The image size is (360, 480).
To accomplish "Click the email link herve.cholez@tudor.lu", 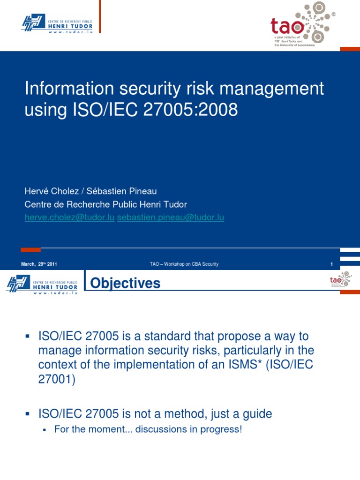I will pos(69,218).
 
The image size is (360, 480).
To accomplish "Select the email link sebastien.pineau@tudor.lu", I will pos(171,218).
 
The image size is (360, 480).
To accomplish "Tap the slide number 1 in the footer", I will pos(331,264).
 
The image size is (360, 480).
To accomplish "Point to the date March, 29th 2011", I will pos(39,264).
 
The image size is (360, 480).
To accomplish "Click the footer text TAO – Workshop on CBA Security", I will pos(184,264).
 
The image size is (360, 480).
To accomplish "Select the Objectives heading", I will pos(125,283).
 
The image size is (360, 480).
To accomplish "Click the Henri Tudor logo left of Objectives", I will pos(43,284).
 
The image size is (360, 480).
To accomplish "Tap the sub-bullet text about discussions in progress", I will pos(148,429).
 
